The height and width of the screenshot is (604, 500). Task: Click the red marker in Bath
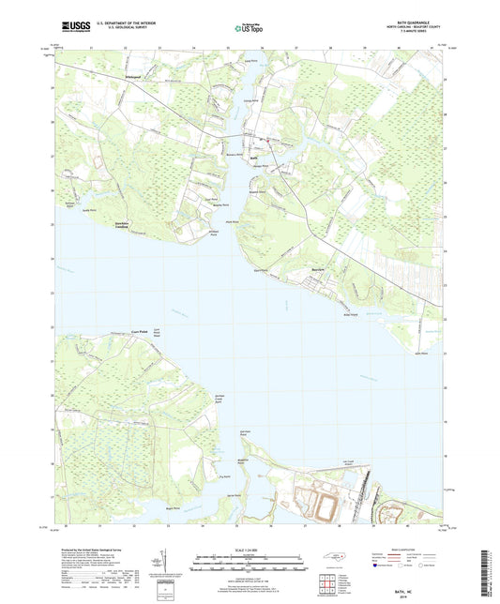tap(266, 141)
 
